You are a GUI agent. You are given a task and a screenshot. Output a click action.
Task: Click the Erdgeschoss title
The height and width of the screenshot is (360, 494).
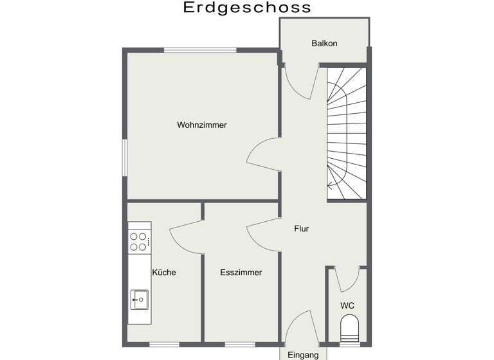click(x=247, y=8)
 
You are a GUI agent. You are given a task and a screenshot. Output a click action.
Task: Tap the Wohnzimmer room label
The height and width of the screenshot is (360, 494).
click(x=202, y=125)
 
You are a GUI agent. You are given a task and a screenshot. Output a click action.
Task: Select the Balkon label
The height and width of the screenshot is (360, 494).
click(x=324, y=44)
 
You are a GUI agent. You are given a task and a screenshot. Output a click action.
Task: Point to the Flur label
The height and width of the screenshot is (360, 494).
click(x=302, y=228)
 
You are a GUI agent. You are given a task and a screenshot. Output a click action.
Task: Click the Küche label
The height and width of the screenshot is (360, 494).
click(x=164, y=273)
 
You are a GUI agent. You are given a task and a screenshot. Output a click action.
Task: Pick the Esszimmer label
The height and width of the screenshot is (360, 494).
click(x=241, y=273)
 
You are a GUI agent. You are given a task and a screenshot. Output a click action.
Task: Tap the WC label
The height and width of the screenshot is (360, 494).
click(x=347, y=305)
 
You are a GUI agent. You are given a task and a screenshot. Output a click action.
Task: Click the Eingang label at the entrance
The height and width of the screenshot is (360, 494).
click(x=303, y=355)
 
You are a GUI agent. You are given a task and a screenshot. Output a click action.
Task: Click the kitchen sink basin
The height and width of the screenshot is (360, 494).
click(x=140, y=298)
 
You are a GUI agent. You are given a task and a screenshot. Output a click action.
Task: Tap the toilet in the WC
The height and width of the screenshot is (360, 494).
click(x=348, y=327)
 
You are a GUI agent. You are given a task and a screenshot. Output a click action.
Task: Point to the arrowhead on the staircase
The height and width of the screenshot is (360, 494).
click(x=330, y=185)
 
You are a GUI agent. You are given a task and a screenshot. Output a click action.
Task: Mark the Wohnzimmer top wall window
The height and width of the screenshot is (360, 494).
click(x=200, y=50)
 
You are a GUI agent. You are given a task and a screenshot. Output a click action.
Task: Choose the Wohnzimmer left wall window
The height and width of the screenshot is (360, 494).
click(x=125, y=156)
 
